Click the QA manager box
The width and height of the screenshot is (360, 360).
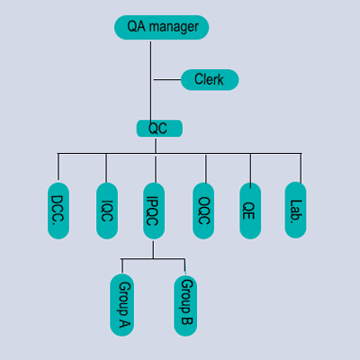click(x=161, y=27)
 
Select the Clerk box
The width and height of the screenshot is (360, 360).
click(x=210, y=80)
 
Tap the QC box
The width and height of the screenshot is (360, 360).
click(x=159, y=129)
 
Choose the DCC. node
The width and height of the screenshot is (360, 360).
click(x=58, y=211)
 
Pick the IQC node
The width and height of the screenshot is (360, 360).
click(x=107, y=211)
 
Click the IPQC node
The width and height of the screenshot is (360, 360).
click(x=154, y=211)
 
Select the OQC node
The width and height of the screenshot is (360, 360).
click(x=203, y=211)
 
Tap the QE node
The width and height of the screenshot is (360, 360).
click(x=250, y=211)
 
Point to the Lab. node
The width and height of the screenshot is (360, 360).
click(x=295, y=210)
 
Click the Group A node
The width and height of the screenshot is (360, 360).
click(x=122, y=305)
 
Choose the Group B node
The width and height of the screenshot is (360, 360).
click(x=185, y=306)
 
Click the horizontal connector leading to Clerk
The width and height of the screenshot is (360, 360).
click(x=167, y=79)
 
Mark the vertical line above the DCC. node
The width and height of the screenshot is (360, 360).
click(x=58, y=166)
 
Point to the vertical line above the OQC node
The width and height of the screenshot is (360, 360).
click(x=206, y=168)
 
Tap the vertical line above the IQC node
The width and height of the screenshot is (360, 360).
click(x=106, y=168)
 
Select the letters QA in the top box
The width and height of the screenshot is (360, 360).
click(x=137, y=26)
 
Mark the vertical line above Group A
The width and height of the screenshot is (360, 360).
click(x=122, y=265)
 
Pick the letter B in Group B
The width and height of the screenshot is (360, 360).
click(x=186, y=320)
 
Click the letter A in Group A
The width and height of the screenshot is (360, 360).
click(x=125, y=322)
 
